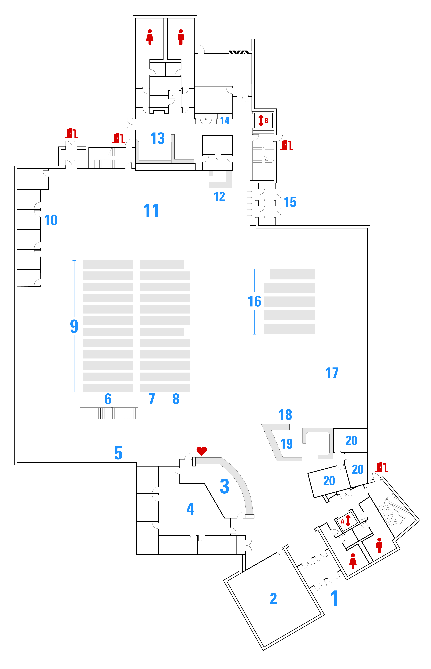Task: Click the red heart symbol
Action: pyautogui.click(x=202, y=451)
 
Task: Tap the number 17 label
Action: pyautogui.click(x=332, y=373)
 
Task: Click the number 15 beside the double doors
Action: pyautogui.click(x=290, y=202)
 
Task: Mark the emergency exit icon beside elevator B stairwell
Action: pyautogui.click(x=286, y=145)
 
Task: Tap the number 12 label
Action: pyautogui.click(x=219, y=197)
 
